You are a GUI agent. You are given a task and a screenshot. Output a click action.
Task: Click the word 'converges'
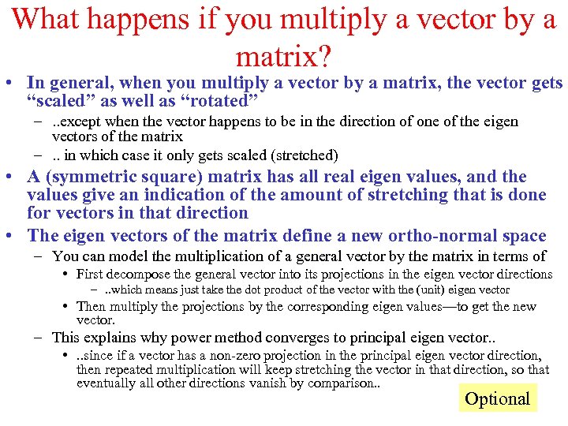coord(272,338)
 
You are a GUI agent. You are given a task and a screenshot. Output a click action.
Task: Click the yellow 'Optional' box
coord(497,398)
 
